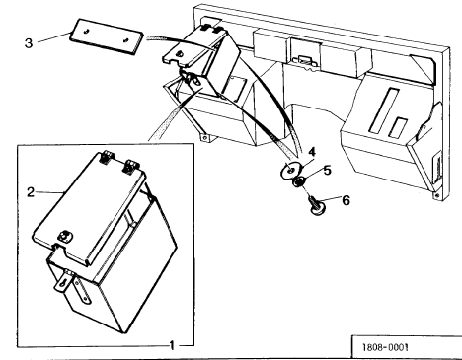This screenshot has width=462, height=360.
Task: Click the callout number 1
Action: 172,345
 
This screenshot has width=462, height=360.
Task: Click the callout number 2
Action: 31,192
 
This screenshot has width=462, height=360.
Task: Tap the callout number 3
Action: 29,43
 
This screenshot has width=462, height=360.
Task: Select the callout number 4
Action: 312,152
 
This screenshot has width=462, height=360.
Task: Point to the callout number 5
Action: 327,171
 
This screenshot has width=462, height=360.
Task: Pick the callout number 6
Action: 346,200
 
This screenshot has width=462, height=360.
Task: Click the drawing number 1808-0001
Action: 385,347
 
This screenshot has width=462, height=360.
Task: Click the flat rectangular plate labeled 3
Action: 107,36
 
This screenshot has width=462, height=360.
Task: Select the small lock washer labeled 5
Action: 299,181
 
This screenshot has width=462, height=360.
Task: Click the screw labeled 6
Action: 317,206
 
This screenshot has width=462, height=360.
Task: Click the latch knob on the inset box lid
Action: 64,236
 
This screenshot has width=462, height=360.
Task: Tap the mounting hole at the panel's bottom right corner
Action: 437,195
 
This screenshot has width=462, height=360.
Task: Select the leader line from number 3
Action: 54,37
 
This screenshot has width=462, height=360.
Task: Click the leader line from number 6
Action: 330,198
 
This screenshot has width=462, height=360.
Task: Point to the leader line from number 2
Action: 49,192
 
